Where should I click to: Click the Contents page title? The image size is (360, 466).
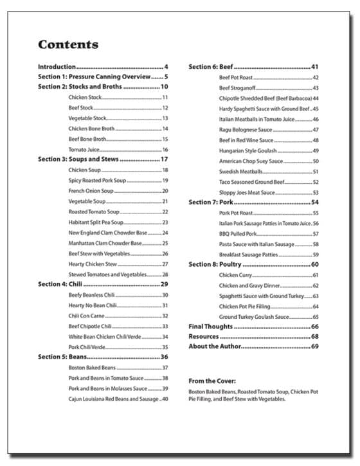click(x=68, y=44)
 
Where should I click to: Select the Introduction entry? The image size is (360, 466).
click(x=57, y=67)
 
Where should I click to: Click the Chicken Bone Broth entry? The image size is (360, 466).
click(x=91, y=129)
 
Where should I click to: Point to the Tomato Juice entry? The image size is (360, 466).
click(x=84, y=149)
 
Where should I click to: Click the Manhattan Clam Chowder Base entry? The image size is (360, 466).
click(x=105, y=243)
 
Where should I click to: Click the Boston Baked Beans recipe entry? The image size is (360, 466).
click(x=92, y=368)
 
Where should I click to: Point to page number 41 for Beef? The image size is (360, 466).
click(x=315, y=67)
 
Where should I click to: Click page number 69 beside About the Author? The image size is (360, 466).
click(x=315, y=347)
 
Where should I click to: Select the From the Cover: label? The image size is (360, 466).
click(x=212, y=381)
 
